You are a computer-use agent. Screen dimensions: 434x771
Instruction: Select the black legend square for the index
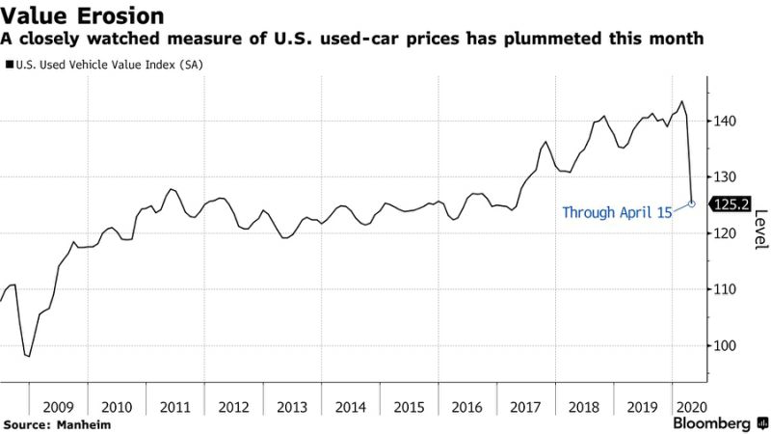pyautogui.click(x=9, y=65)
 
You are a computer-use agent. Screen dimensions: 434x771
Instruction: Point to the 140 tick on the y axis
pyautogui.click(x=726, y=122)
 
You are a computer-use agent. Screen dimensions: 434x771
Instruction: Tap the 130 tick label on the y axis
pyautogui.click(x=726, y=177)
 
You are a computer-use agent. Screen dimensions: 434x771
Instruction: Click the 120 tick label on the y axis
pyautogui.click(x=726, y=233)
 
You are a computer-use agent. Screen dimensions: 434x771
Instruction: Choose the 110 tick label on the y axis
pyautogui.click(x=726, y=289)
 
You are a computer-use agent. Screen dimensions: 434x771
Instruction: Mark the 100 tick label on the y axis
pyautogui.click(x=726, y=345)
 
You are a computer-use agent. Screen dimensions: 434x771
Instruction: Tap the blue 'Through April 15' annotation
pyautogui.click(x=617, y=212)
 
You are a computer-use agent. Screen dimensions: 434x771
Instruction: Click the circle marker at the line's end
pyautogui.click(x=692, y=203)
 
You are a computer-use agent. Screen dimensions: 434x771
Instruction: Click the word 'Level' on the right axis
pyautogui.click(x=760, y=231)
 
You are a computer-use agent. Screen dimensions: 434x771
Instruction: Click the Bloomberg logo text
pyautogui.click(x=712, y=423)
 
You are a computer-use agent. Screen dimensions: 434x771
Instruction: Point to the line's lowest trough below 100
pyautogui.click(x=29, y=356)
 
